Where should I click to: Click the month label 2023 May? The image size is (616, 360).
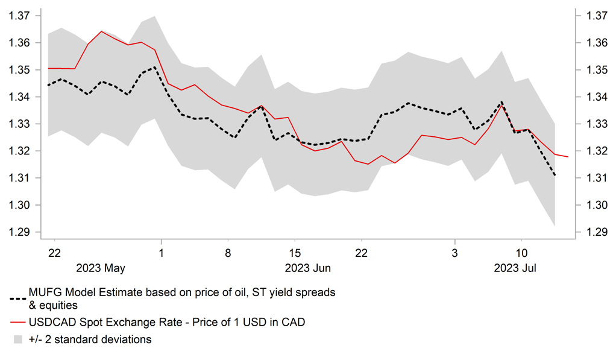point(101,267)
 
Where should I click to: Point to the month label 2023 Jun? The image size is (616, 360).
point(307,267)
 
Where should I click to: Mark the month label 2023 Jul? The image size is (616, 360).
point(515,267)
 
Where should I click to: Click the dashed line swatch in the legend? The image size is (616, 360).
point(17,298)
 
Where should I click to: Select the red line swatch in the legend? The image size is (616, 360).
point(17,323)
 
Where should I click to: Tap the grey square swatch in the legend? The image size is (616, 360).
point(17,339)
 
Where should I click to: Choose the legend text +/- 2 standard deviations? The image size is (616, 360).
point(90,339)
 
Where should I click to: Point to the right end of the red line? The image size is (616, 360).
point(568,157)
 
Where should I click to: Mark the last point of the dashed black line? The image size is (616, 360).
point(555,175)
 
